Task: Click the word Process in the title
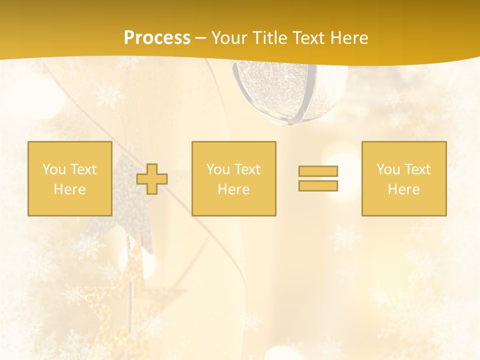pos(157,38)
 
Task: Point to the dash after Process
pos(200,38)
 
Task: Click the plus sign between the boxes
pos(152,179)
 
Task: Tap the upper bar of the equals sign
pos(318,171)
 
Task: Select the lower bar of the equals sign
pos(318,186)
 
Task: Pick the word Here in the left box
pos(69,189)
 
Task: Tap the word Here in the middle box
pos(233,189)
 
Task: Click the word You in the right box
pos(388,169)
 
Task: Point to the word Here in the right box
pos(403,189)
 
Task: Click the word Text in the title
pos(308,38)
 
